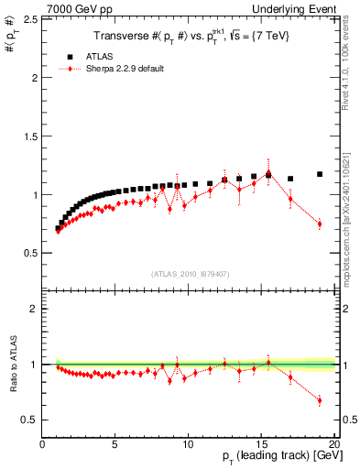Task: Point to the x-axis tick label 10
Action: pos(188,444)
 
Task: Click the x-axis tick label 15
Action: pos(261,444)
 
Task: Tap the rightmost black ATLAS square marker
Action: pos(320,174)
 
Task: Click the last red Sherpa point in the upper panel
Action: pos(320,224)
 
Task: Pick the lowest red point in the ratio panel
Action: pos(320,400)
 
